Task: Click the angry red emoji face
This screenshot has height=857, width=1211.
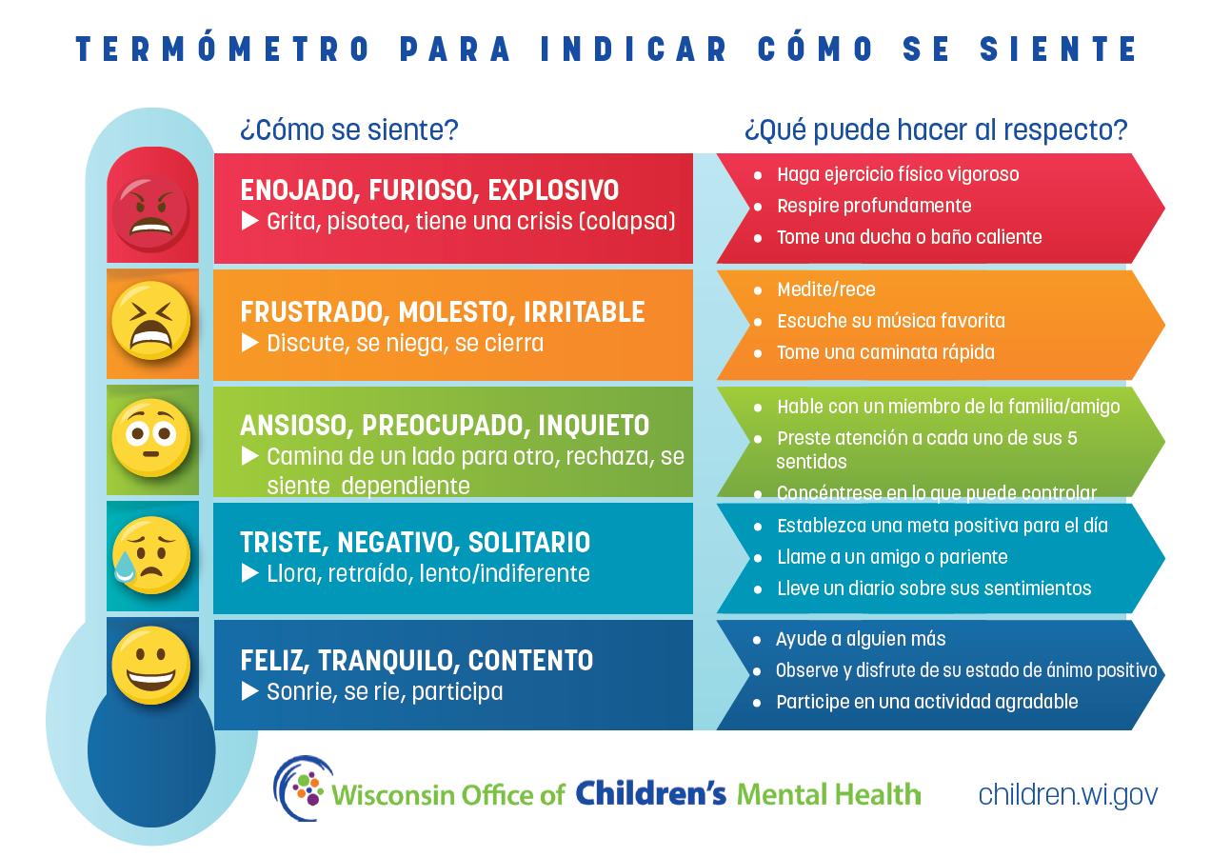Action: point(150,212)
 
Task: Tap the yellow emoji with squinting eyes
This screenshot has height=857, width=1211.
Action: point(150,321)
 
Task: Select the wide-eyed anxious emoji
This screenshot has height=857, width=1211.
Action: point(150,437)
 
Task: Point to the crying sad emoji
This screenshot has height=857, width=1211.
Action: point(150,555)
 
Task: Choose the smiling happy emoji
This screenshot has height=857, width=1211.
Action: point(150,665)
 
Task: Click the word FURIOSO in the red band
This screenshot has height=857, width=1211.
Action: point(424,190)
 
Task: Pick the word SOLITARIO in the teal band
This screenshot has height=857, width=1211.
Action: point(528,543)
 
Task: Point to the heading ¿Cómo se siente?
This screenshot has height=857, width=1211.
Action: point(349,130)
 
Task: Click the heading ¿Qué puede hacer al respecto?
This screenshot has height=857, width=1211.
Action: point(936,130)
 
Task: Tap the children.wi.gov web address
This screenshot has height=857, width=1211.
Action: point(1068,795)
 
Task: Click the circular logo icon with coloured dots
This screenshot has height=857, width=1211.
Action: point(303,787)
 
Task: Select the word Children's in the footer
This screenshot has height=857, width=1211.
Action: point(650,793)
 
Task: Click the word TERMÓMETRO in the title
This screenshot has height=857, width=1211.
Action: point(223,49)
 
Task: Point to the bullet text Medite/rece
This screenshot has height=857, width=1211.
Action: point(826,289)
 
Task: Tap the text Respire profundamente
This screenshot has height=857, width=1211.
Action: point(874,206)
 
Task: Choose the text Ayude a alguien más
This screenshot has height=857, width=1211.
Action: point(861,639)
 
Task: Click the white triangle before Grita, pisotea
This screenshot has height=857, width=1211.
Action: point(249,221)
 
